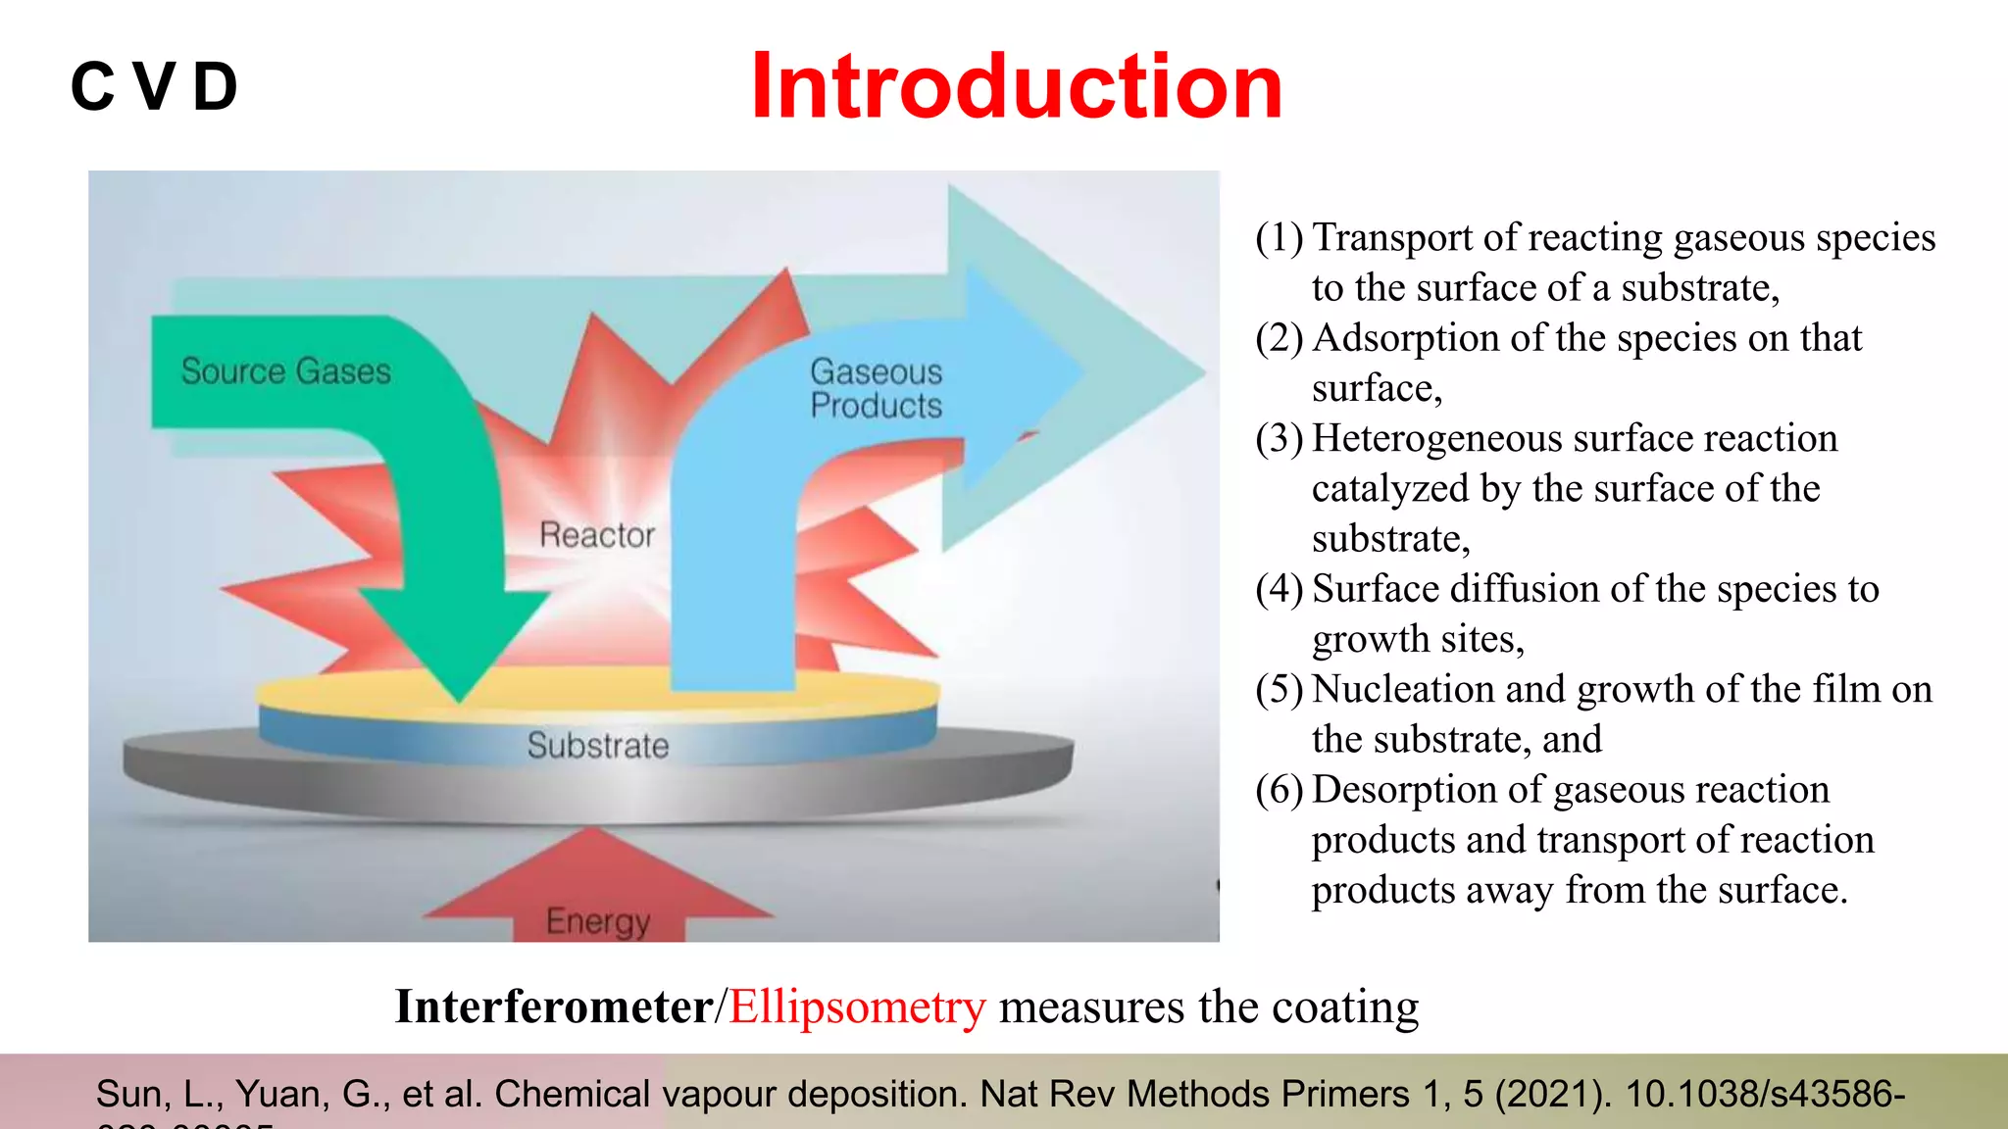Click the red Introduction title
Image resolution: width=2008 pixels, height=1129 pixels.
(x=1017, y=87)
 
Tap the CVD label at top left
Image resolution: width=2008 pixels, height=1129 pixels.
(x=155, y=87)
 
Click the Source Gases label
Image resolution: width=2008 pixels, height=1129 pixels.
(x=285, y=371)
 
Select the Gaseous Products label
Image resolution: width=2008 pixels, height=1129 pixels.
(x=876, y=389)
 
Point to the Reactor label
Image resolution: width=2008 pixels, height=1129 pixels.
(x=596, y=535)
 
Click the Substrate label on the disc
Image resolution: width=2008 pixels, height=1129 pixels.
(x=597, y=746)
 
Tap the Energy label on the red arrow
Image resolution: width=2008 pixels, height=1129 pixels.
(x=597, y=921)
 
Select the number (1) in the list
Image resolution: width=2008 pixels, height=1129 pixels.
(x=1279, y=238)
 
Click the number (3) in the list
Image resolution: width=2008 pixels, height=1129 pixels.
(x=1279, y=439)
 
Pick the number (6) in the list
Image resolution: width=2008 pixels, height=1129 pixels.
(x=1279, y=790)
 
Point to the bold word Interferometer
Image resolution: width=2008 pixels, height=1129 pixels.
(x=553, y=1007)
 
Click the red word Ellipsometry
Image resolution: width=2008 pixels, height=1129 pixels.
(x=857, y=1007)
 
